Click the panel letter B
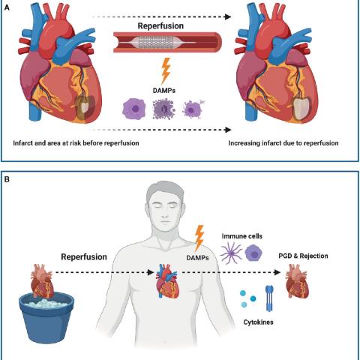click(x=7, y=180)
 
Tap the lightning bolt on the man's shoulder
click(x=200, y=237)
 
